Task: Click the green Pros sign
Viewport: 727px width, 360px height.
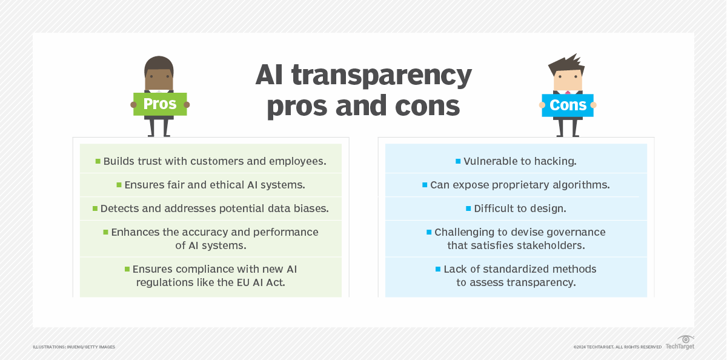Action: (x=159, y=104)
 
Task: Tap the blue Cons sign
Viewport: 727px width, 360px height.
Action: (x=568, y=105)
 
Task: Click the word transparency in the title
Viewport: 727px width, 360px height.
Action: (x=388, y=76)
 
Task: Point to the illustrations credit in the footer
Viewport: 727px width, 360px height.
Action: (x=74, y=347)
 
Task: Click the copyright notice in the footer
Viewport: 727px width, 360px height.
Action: (x=617, y=347)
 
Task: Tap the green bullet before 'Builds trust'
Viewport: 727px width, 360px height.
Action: (x=98, y=161)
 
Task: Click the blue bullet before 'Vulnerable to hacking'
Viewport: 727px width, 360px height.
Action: (x=458, y=161)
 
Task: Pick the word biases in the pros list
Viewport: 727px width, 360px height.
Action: (x=309, y=208)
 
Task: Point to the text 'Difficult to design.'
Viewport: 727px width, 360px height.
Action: (x=520, y=208)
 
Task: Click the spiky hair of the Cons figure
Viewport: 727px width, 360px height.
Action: (x=566, y=63)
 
